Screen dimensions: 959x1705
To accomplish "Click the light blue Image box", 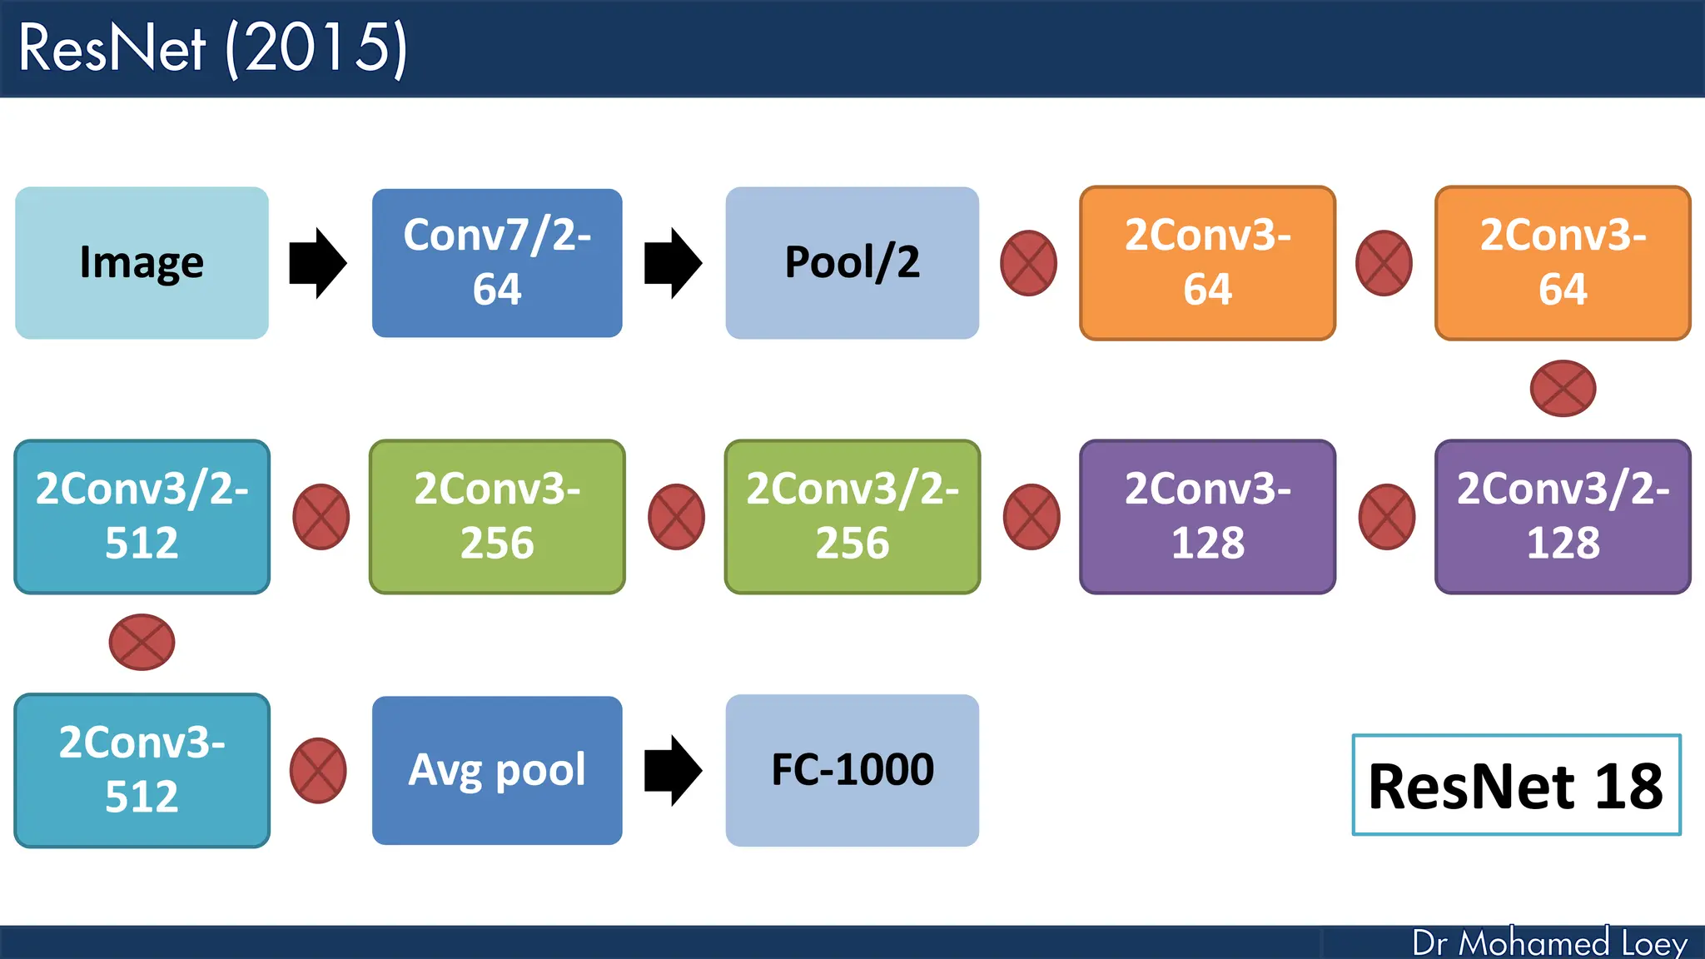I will pyautogui.click(x=142, y=263).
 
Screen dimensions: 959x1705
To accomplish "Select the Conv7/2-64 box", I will pyautogui.click(x=497, y=263).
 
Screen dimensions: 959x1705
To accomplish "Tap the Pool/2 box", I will pyautogui.click(x=852, y=263).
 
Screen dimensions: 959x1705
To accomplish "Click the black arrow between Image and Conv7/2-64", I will pyautogui.click(x=317, y=263).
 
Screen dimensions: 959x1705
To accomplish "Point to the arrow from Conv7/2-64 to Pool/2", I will pyautogui.click(x=673, y=263).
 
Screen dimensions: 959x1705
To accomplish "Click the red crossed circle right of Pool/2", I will pyautogui.click(x=1028, y=263).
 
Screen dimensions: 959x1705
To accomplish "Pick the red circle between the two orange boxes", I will pyautogui.click(x=1384, y=263).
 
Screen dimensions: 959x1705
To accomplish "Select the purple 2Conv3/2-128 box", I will pyautogui.click(x=1563, y=517).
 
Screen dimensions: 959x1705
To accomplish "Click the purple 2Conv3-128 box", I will pyautogui.click(x=1207, y=517).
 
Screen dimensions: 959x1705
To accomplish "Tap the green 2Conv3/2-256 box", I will pyautogui.click(x=852, y=517).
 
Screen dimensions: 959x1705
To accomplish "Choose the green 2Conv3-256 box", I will pyautogui.click(x=497, y=517).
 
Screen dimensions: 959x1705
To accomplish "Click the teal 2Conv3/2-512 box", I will pyautogui.click(x=142, y=517).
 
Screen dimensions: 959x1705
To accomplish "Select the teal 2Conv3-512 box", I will pyautogui.click(x=142, y=771).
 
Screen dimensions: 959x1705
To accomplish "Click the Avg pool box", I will pyautogui.click(x=497, y=771).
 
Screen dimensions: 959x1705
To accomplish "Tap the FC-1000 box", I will pyautogui.click(x=852, y=771).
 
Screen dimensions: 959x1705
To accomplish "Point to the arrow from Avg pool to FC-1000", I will pyautogui.click(x=673, y=771).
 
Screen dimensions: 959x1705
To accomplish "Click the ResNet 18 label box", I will pyautogui.click(x=1516, y=785).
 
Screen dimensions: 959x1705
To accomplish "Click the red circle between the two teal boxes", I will pyautogui.click(x=142, y=642).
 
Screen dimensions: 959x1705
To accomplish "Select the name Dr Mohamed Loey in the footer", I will pyautogui.click(x=1549, y=943).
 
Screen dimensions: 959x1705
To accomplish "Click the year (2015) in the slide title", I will pyautogui.click(x=317, y=48).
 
